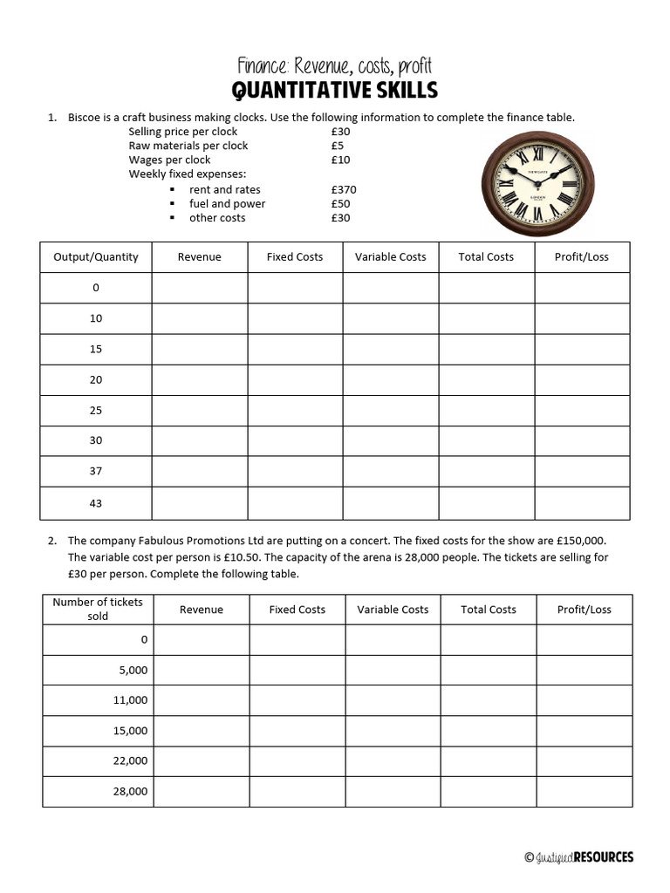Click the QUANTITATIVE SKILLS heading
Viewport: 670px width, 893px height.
334,90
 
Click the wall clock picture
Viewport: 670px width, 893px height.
537,184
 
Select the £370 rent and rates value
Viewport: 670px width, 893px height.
344,189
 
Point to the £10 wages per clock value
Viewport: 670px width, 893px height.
340,160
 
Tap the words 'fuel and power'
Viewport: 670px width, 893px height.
227,203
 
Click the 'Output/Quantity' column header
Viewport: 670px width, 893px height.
96,256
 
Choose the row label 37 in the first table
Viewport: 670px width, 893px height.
96,471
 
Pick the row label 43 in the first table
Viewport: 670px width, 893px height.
96,503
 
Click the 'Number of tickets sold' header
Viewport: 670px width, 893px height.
98,609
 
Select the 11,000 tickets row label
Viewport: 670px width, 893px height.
131,699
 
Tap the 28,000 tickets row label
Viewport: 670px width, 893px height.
131,791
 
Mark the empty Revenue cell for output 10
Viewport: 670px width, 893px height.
200,318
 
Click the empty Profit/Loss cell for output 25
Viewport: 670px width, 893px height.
582,410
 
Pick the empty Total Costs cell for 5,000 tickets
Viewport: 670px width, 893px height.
489,670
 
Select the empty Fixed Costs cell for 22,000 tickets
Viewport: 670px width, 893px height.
297,760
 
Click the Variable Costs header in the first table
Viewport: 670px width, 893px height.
391,256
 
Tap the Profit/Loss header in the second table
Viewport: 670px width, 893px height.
585,610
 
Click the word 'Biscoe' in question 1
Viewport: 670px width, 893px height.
85,117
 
